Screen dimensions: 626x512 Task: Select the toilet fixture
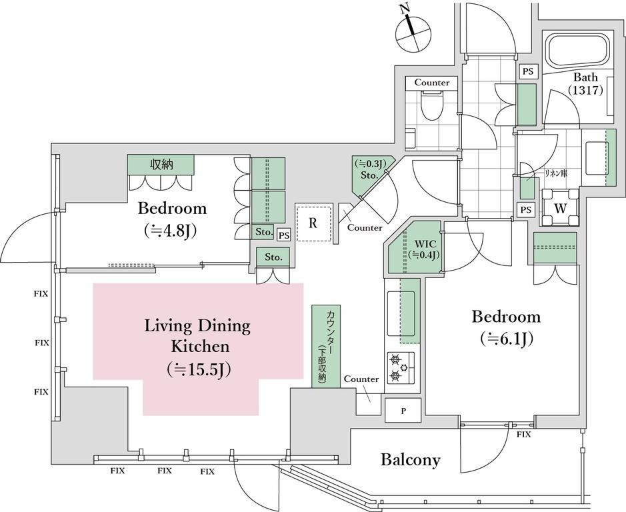(x=432, y=105)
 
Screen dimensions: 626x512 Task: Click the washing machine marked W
(x=560, y=208)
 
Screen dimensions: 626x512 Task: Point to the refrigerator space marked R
(x=313, y=223)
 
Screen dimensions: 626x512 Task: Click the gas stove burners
(x=401, y=367)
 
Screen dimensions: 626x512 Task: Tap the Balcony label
(x=411, y=460)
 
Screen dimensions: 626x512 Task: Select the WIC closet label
(x=425, y=249)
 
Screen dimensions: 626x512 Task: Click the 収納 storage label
(x=161, y=164)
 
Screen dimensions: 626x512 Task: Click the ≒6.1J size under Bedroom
(x=507, y=339)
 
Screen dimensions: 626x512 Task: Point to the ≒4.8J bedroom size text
(x=172, y=231)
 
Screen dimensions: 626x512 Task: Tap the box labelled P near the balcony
(x=403, y=410)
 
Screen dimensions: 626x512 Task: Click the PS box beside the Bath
(x=528, y=71)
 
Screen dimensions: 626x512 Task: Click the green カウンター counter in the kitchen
(x=326, y=346)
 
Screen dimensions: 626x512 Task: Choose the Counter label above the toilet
(x=431, y=83)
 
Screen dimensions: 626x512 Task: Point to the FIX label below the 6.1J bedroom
(x=524, y=435)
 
